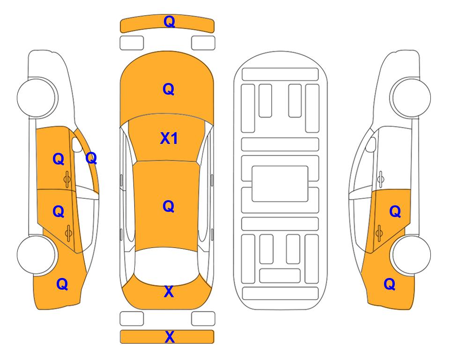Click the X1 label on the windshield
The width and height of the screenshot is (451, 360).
click(x=169, y=138)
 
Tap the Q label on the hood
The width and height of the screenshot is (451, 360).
click(x=169, y=89)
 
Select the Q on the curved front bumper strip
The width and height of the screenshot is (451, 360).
click(x=169, y=22)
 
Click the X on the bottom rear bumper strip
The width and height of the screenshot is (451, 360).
click(x=170, y=337)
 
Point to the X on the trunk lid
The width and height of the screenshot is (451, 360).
click(x=169, y=292)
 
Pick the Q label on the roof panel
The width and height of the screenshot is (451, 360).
click(x=169, y=206)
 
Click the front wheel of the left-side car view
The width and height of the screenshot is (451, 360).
click(x=37, y=97)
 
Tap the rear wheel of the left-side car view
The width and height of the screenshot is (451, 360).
click(x=37, y=255)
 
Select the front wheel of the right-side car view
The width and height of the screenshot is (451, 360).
click(x=410, y=97)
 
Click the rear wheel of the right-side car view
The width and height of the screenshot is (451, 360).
click(x=411, y=255)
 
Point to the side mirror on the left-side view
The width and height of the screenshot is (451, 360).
click(x=76, y=145)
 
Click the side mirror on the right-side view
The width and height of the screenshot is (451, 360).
click(x=371, y=145)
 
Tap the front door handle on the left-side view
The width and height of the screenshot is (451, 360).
click(x=67, y=179)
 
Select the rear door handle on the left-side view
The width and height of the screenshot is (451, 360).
click(x=69, y=233)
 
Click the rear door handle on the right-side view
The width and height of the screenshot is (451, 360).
click(x=379, y=233)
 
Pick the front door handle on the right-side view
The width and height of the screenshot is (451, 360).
click(x=380, y=179)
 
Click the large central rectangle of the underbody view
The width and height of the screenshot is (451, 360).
click(x=280, y=184)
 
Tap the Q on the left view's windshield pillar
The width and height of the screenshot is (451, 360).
click(x=91, y=158)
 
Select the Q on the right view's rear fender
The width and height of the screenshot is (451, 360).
click(x=390, y=284)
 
